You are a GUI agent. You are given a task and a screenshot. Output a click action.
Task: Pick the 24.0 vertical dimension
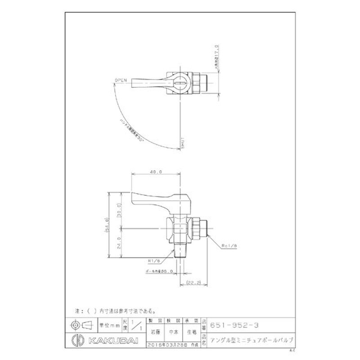point(120,243)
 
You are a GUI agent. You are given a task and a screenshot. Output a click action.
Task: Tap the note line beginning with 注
point(116,310)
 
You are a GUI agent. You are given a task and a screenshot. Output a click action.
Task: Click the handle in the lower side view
point(155,198)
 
